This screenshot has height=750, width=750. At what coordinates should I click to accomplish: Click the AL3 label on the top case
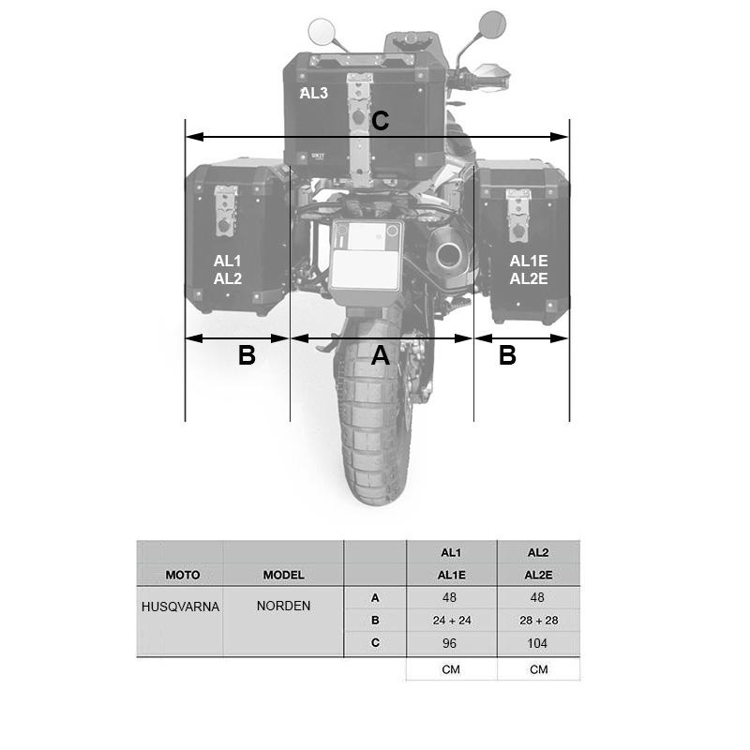pyautogui.click(x=314, y=93)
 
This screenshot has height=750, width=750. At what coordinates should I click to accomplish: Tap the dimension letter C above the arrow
pyautogui.click(x=381, y=121)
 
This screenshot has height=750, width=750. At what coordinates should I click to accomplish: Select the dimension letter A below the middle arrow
pyautogui.click(x=381, y=355)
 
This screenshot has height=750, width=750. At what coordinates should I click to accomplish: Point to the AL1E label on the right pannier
pyautogui.click(x=529, y=261)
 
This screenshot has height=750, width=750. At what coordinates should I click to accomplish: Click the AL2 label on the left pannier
pyautogui.click(x=228, y=278)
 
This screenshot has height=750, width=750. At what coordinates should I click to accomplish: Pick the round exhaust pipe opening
pyautogui.click(x=448, y=255)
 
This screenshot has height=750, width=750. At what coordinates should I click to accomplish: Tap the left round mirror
pyautogui.click(x=321, y=31)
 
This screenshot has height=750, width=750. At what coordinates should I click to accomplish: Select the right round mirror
pyautogui.click(x=492, y=24)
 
